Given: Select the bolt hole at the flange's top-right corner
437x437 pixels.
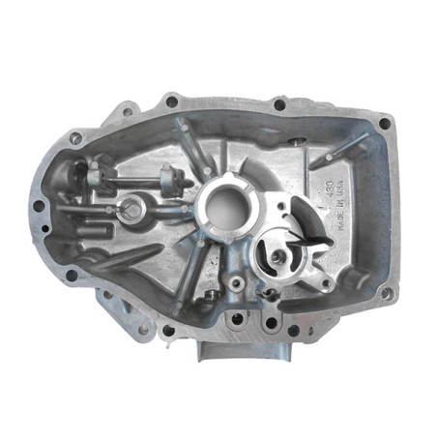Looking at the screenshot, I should (x=385, y=123).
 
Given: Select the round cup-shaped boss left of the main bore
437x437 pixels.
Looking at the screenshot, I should (x=132, y=209).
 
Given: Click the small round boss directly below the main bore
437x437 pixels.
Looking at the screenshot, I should (x=236, y=283).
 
